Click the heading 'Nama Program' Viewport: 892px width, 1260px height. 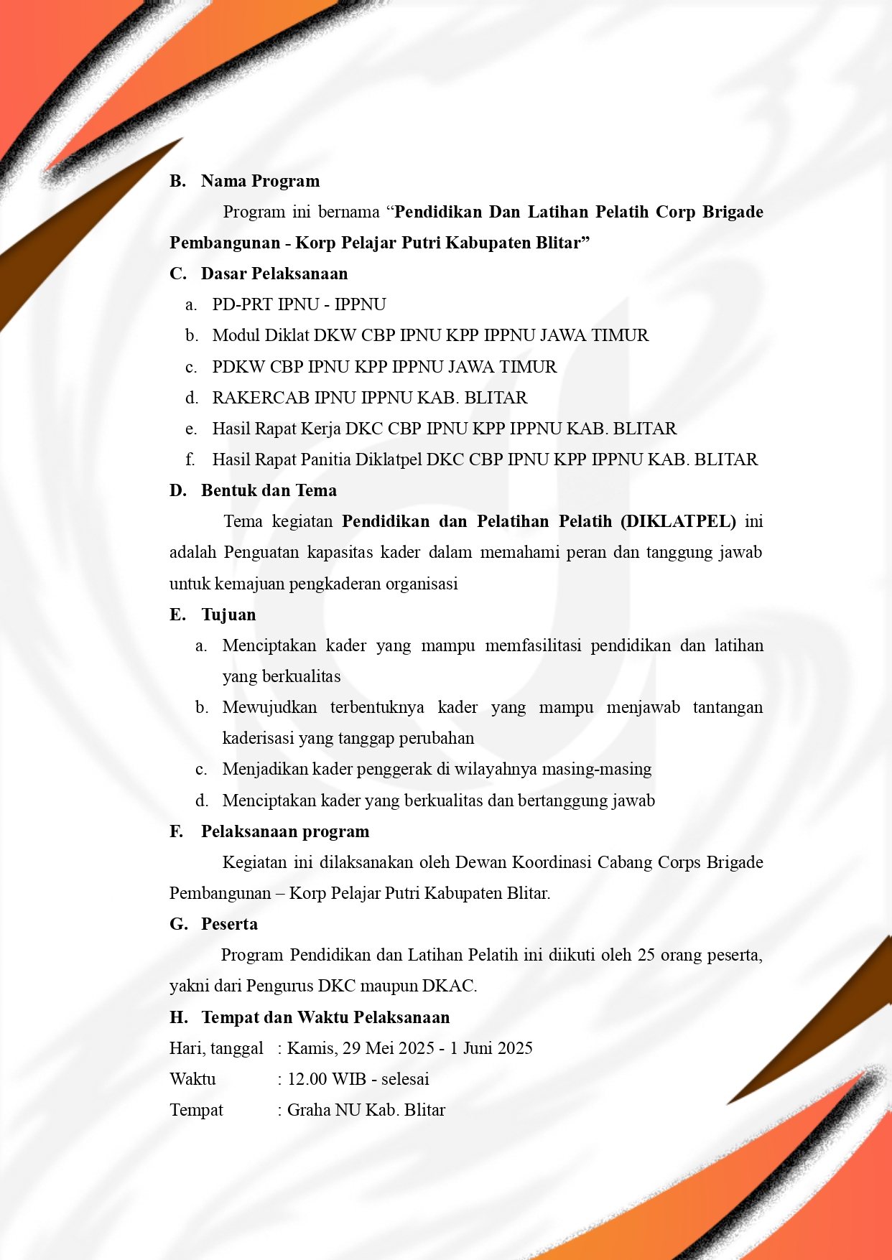260,181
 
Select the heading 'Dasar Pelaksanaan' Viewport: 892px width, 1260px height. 274,274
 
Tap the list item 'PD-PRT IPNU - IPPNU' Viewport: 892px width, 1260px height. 299,304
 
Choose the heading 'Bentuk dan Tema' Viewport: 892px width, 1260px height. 269,490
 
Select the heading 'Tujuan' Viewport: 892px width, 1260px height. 228,615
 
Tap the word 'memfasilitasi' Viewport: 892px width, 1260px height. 533,645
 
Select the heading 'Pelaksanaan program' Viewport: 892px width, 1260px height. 285,831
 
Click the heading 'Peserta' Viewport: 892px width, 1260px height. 229,924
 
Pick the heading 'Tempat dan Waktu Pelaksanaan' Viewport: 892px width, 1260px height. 325,1017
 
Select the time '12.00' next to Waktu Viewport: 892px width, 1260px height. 307,1079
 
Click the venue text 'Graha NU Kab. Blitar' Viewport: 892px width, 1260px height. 366,1110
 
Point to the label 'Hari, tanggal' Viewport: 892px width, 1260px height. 216,1048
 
